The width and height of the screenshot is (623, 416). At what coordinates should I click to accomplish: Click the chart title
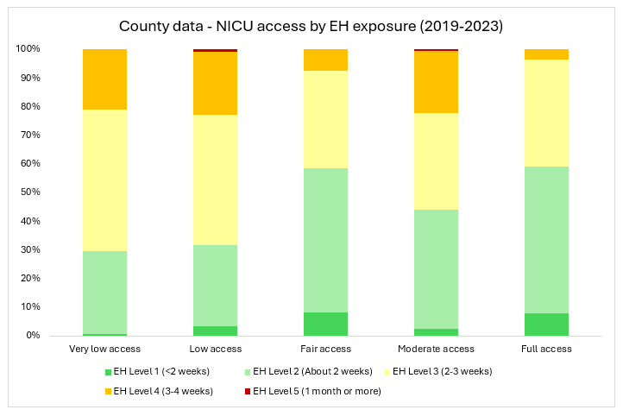(x=311, y=27)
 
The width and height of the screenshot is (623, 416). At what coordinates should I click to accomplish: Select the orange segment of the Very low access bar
(x=104, y=79)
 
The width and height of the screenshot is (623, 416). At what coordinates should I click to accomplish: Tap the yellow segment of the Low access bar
(x=215, y=180)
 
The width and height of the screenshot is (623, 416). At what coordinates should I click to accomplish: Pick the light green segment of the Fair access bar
(x=325, y=240)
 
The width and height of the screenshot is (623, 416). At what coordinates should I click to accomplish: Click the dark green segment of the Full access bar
(x=546, y=325)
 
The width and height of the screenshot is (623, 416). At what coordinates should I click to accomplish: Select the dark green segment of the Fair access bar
(x=325, y=324)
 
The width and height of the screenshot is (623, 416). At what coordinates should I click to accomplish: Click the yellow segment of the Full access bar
(x=546, y=113)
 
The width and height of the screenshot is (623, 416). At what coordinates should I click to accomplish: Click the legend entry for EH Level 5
(x=316, y=391)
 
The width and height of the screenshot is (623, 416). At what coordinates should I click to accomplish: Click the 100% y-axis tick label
(x=27, y=49)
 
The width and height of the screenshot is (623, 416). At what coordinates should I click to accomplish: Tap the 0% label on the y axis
(x=32, y=335)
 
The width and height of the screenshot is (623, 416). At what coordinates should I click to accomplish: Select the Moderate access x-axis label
(x=436, y=350)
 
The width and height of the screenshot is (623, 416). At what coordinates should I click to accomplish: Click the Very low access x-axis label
(x=104, y=350)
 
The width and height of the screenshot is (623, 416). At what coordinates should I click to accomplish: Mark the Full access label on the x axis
(x=546, y=350)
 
